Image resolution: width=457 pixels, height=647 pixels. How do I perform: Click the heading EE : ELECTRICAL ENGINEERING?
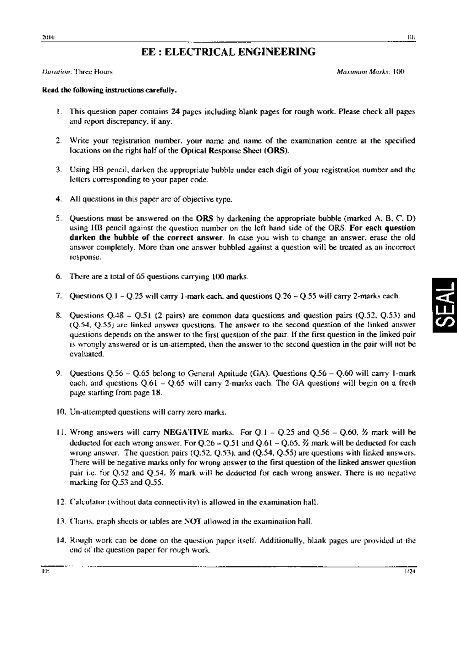coord(228,52)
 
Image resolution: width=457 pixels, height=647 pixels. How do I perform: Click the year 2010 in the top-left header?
coord(48,38)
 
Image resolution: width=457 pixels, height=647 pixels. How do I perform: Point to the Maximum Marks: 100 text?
coord(370,71)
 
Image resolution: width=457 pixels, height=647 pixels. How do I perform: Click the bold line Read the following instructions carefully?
coord(109,91)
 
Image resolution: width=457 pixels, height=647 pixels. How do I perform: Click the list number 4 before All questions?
coord(58,199)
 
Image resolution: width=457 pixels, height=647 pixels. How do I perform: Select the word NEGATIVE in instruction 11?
coord(186,432)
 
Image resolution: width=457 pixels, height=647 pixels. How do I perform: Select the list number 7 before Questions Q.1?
coord(58,296)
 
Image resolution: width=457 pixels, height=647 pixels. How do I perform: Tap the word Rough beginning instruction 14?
coord(79,541)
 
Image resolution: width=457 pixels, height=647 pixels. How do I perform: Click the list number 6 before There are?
coord(58,276)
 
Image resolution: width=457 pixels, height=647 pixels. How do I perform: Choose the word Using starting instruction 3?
coord(79,170)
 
